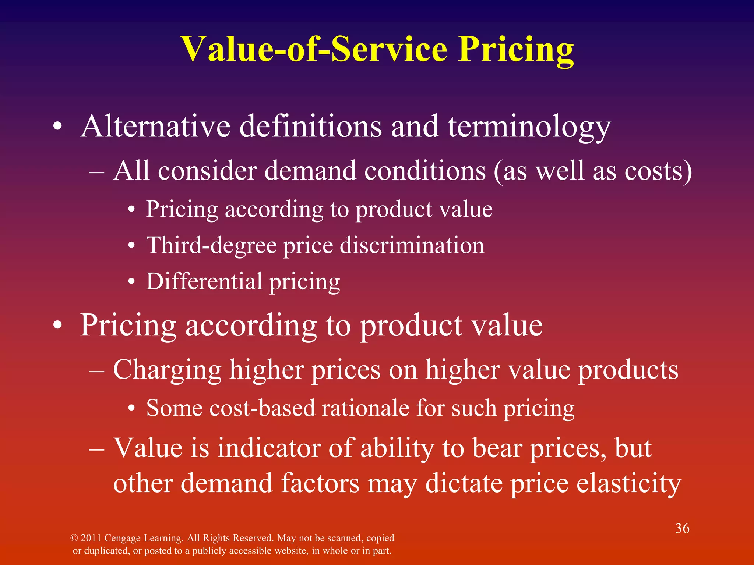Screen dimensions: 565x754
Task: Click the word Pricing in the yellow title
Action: (516, 50)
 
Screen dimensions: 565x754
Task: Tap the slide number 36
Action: (682, 528)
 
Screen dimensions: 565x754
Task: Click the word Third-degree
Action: (211, 245)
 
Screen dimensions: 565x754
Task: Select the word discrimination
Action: (412, 245)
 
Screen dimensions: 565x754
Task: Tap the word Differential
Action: (204, 281)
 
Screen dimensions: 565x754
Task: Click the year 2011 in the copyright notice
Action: (91, 538)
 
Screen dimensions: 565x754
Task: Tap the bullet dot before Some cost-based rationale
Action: (131, 409)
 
